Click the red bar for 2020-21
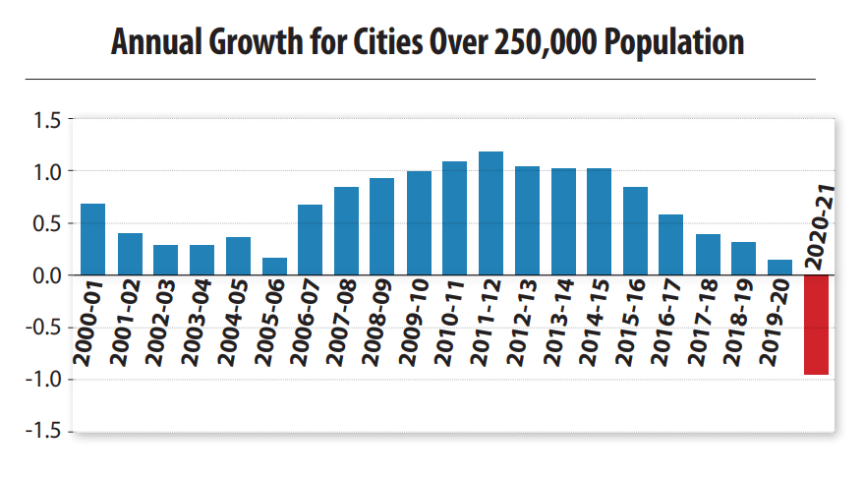pos(817,325)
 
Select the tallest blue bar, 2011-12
pos(490,213)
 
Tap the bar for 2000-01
pos(93,239)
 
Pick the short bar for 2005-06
pos(274,267)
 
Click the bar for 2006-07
pos(310,240)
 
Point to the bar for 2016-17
pos(671,245)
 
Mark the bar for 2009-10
pos(419,223)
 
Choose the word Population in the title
pos(678,43)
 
